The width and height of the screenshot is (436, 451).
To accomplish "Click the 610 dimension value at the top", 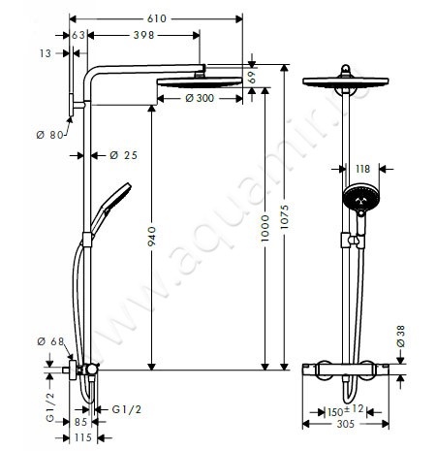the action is tap(157, 18).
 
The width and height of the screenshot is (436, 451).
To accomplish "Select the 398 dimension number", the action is tap(144, 35).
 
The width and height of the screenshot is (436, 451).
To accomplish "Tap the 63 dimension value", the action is tap(78, 35).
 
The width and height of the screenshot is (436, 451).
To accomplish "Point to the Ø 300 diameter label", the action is tap(200, 98).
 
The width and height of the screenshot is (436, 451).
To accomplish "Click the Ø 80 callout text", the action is tap(50, 135).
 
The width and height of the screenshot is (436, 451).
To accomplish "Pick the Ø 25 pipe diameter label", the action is tap(124, 155).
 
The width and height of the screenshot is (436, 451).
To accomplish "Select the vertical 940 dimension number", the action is tap(151, 237).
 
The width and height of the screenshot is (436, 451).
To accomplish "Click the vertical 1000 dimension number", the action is tap(265, 228).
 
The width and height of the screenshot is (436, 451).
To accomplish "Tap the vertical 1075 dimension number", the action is tap(284, 217).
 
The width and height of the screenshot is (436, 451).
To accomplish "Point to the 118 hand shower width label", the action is tap(362, 169).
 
